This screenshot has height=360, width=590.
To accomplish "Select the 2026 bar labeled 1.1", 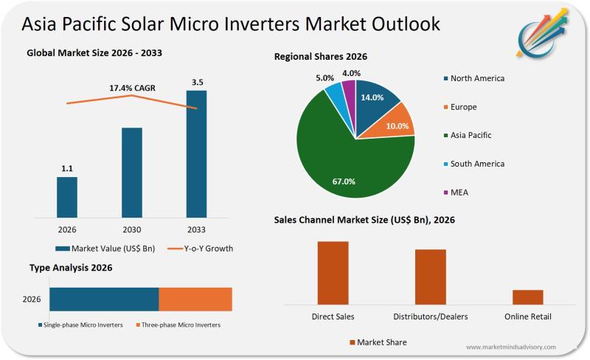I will point(66,197).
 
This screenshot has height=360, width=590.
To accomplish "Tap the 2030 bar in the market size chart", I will point(131,173).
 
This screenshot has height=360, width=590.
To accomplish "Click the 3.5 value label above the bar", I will point(197,83).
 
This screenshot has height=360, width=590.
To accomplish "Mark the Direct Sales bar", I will point(333,272).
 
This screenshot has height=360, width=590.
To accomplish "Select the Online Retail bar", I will point(527,297).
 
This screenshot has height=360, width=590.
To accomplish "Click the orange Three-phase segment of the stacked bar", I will point(195,300).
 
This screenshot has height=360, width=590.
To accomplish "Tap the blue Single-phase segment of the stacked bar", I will point(104,300).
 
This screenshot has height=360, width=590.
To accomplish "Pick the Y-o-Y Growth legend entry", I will point(198,249).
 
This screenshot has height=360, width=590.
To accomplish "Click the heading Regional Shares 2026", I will point(321,56).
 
